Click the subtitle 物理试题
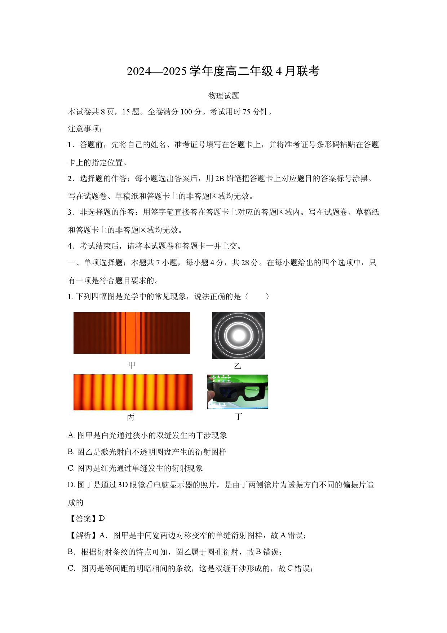pos(223,96)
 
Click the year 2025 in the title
pos(175,71)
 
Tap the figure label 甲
pos(132,365)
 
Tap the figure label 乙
pos(237,366)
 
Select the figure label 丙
pos(130,417)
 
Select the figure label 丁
pos(238,416)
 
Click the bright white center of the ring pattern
pos(239,335)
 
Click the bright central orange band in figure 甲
pos(130,333)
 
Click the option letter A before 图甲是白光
pos(71,435)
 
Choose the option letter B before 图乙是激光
pos(70,452)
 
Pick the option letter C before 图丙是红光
pos(71,468)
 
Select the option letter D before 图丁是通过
pos(71,485)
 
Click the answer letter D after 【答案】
pos(102,519)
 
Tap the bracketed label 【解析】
pos(83,535)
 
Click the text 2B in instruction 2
pos(220,179)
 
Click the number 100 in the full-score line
pos(186,112)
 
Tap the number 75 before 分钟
pos(247,112)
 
